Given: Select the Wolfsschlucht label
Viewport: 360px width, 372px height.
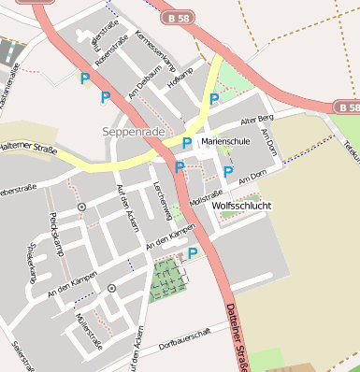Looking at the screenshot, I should click(x=242, y=205).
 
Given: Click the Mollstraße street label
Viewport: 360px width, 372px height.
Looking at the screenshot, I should click(x=206, y=198).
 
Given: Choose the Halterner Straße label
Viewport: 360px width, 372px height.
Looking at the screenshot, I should click(x=28, y=146).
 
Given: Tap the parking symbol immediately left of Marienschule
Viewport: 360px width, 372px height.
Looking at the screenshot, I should click(x=187, y=143).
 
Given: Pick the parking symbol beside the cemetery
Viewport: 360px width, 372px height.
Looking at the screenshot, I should click(x=193, y=253).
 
